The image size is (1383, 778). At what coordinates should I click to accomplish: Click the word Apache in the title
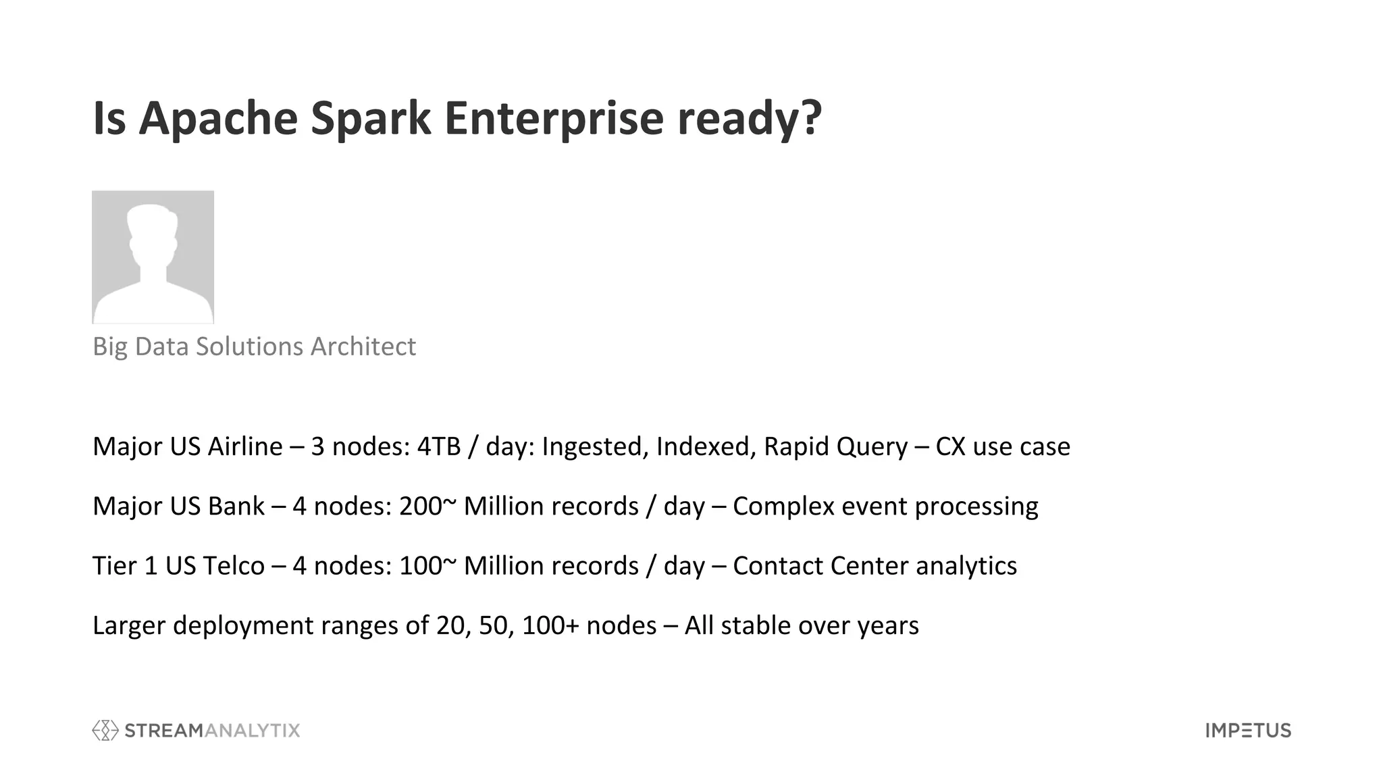pos(218,118)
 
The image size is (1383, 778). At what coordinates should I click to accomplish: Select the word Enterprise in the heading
pos(554,118)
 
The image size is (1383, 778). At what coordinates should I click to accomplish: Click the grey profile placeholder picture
pos(153,257)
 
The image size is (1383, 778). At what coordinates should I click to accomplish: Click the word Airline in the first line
pos(244,446)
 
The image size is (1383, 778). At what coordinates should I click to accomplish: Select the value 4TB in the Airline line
pos(438,446)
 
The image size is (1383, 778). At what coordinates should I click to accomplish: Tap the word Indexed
pos(706,446)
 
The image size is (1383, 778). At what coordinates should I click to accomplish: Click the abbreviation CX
pos(950,446)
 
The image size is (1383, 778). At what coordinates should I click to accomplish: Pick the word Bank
pos(236,506)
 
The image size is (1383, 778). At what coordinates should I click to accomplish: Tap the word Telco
pos(234,565)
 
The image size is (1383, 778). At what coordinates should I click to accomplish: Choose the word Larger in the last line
pos(129,625)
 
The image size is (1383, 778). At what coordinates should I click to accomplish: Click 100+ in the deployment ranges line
pos(550,625)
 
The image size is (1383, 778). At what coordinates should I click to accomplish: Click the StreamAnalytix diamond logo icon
pos(105,730)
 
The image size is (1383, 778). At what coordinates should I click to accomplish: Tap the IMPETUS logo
pos(1248,730)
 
